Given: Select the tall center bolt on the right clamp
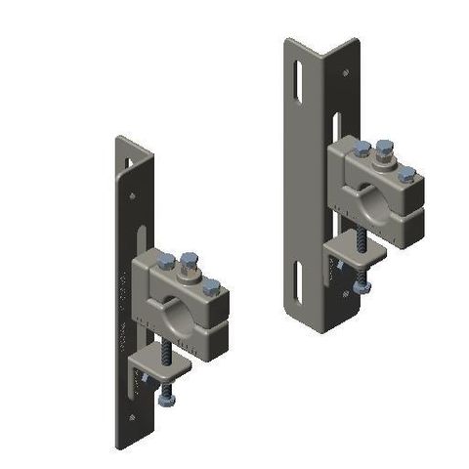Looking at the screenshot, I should tap(382, 151).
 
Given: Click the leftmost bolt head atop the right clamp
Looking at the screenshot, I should tap(362, 149).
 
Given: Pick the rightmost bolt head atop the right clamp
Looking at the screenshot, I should tap(406, 174).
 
